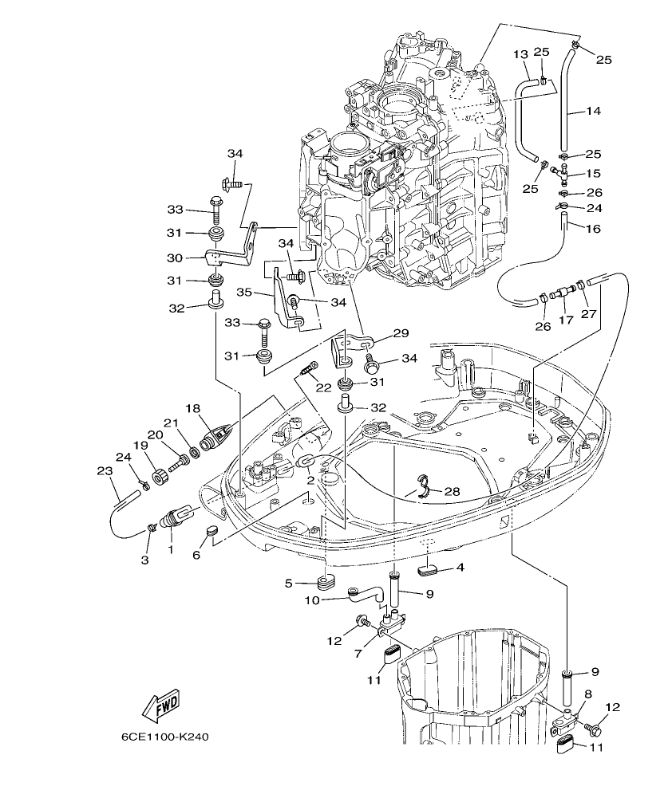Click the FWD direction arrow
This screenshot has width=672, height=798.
160,703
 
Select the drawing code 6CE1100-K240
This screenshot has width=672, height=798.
165,737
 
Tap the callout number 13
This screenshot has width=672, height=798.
520,54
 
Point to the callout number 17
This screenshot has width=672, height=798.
566,320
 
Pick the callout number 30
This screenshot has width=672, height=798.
175,257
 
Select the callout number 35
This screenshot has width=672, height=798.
243,293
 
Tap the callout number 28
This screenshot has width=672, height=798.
451,492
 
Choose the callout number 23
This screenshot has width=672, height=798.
105,471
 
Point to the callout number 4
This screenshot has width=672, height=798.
459,568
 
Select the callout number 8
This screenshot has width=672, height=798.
587,694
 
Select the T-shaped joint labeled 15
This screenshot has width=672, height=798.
563,171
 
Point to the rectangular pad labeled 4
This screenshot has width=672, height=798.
429,569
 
